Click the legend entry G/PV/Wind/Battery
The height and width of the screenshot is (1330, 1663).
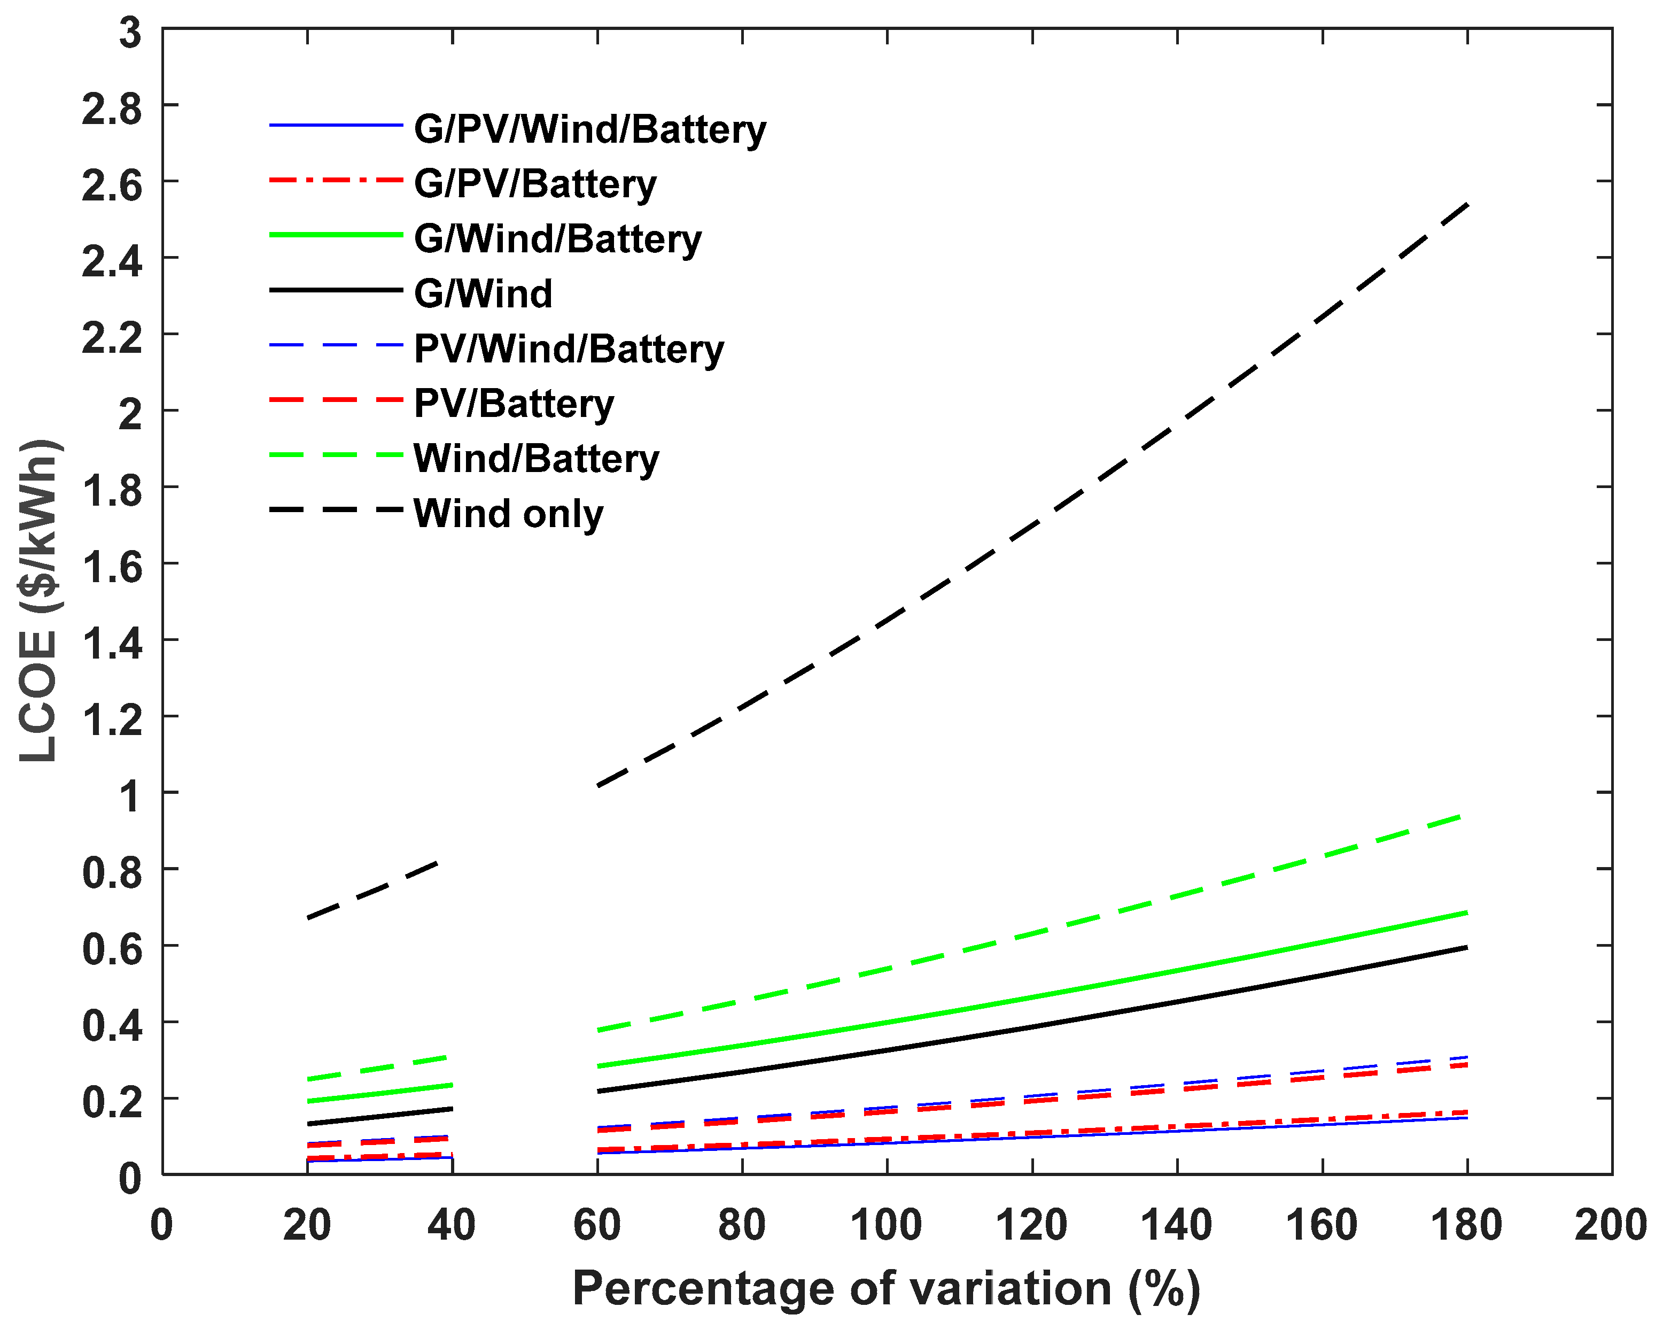589,129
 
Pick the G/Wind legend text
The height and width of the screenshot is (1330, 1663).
483,294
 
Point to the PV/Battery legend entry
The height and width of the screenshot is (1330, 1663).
514,404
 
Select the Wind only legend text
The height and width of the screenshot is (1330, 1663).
508,514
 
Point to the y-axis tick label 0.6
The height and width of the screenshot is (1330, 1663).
113,950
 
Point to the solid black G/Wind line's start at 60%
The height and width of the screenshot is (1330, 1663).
599,1091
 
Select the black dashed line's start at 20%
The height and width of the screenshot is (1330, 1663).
308,918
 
